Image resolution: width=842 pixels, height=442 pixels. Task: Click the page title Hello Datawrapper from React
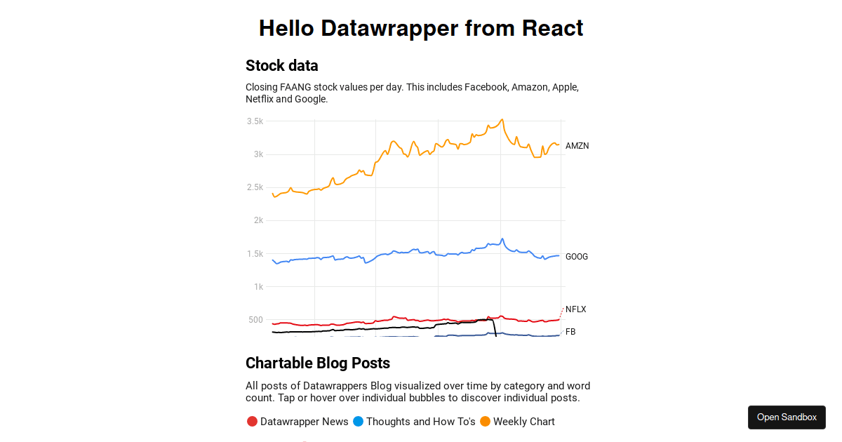(x=421, y=29)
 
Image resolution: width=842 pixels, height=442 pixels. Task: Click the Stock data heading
(x=281, y=66)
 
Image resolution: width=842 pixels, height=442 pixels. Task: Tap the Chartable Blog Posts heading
(x=317, y=363)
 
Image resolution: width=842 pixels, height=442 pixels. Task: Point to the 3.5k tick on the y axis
(x=255, y=121)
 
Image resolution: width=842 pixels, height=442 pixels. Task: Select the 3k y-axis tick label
(x=258, y=154)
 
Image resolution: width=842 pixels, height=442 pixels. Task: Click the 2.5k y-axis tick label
(x=255, y=187)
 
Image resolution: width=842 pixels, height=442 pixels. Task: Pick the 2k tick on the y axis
(x=258, y=220)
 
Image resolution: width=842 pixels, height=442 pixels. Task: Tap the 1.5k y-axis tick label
(x=255, y=254)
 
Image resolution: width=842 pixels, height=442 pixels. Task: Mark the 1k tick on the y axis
(x=258, y=287)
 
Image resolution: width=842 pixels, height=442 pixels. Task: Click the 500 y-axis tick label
(x=255, y=320)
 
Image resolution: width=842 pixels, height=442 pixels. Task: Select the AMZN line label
(x=577, y=146)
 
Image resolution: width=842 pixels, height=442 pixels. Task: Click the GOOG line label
(x=577, y=257)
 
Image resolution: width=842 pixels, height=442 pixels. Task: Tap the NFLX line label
(x=575, y=309)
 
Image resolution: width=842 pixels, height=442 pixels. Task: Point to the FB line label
(x=570, y=332)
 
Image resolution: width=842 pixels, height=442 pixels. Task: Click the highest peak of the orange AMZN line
(x=502, y=119)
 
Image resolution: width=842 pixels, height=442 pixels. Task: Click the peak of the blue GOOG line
(x=502, y=239)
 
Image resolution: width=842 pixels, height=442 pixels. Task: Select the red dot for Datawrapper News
(x=252, y=422)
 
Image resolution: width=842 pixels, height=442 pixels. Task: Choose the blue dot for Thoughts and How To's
(x=358, y=422)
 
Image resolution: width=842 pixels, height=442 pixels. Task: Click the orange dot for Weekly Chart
(x=485, y=422)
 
